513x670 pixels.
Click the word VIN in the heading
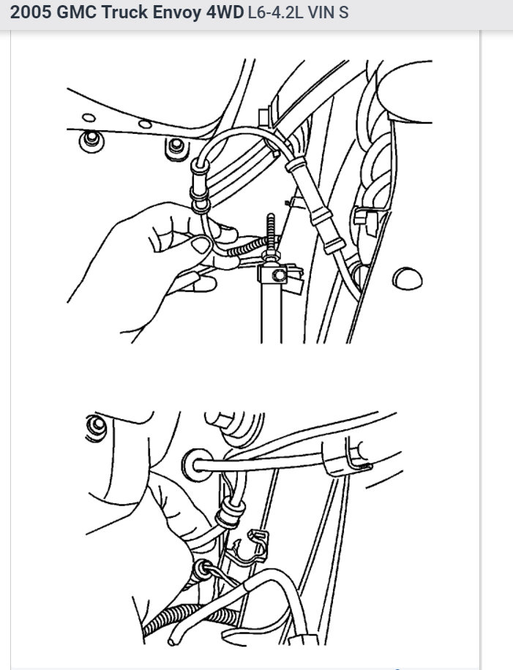tap(323, 14)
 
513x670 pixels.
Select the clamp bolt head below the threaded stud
tap(277, 276)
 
